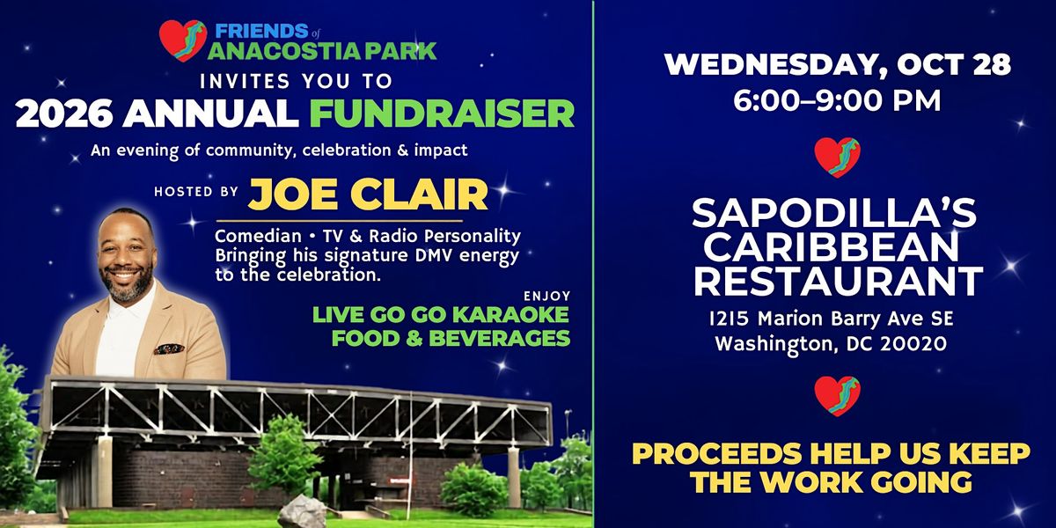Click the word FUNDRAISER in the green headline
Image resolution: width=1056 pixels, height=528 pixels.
pyautogui.click(x=442, y=114)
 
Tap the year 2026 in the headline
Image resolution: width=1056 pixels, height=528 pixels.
pyautogui.click(x=63, y=114)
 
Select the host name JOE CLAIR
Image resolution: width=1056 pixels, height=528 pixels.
pyautogui.click(x=368, y=194)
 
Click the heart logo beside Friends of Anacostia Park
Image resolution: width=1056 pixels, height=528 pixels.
pyautogui.click(x=182, y=41)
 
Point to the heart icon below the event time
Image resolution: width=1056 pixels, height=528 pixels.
pyautogui.click(x=837, y=158)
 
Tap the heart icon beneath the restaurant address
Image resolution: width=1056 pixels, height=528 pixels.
pyautogui.click(x=837, y=396)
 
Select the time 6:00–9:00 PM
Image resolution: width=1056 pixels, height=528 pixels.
pyautogui.click(x=837, y=100)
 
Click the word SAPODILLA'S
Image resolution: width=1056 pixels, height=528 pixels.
pyautogui.click(x=834, y=213)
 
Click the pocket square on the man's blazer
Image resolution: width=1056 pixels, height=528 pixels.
pyautogui.click(x=169, y=348)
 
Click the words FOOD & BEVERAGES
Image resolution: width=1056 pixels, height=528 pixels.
pyautogui.click(x=451, y=339)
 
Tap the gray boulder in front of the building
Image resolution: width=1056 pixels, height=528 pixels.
pyautogui.click(x=303, y=511)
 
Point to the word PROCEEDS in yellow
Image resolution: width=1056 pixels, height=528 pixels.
pyautogui.click(x=716, y=453)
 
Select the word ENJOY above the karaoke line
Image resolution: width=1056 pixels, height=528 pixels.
pyautogui.click(x=547, y=296)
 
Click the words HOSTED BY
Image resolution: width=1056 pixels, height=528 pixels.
pyautogui.click(x=196, y=192)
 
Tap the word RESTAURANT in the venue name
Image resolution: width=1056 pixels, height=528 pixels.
pyautogui.click(x=838, y=281)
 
